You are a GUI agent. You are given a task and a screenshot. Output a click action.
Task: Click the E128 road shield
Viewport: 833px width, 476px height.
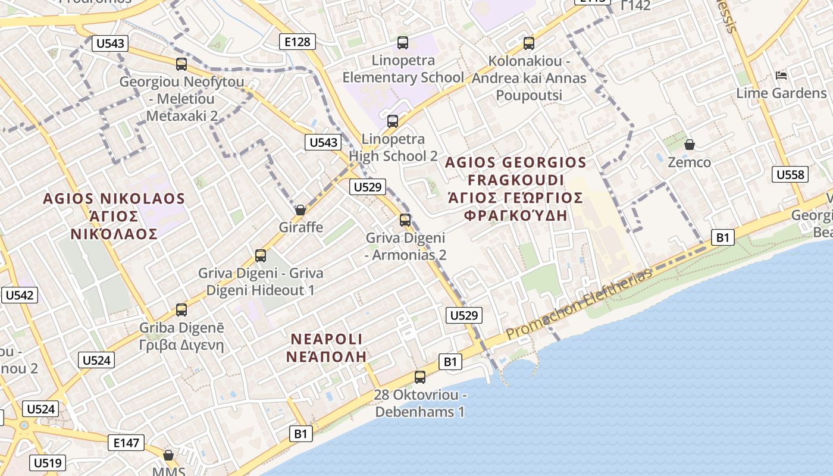click(297, 42)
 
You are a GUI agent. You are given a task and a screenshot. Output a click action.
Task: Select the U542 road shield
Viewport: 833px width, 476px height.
click(20, 295)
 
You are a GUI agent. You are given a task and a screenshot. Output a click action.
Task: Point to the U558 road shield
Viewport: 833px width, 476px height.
click(790, 174)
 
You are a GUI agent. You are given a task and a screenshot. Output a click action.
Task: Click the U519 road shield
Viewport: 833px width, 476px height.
click(48, 463)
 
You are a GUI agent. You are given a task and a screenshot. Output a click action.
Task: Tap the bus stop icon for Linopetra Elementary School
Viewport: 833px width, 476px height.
click(403, 43)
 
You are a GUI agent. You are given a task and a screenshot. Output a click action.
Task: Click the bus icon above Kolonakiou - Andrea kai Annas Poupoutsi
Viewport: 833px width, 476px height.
click(529, 43)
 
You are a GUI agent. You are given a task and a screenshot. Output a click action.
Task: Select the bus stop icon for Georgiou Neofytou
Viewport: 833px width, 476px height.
click(181, 64)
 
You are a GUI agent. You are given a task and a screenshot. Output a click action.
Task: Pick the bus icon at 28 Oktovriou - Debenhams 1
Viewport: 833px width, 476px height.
click(420, 377)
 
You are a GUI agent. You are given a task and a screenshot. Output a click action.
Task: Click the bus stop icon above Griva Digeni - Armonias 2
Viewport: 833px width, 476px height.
click(405, 220)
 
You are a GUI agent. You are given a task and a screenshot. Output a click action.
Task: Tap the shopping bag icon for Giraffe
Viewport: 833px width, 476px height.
click(300, 210)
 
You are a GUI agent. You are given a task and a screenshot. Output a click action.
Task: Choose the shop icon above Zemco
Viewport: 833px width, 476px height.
click(689, 145)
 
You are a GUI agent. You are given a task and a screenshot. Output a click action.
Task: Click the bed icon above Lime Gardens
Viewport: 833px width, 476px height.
click(781, 76)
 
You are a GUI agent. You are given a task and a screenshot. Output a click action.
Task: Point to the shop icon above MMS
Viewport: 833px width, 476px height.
click(168, 455)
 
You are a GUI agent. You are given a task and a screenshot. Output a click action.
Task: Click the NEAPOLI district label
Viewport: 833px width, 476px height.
click(326, 339)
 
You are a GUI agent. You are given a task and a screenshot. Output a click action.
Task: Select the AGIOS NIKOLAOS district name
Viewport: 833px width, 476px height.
click(114, 198)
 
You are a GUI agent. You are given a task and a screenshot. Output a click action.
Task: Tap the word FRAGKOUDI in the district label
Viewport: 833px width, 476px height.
click(515, 180)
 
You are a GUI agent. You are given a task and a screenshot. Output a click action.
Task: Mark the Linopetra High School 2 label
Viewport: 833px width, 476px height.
click(393, 148)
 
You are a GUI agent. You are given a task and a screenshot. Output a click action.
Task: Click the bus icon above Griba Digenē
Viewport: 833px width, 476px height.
click(181, 310)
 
